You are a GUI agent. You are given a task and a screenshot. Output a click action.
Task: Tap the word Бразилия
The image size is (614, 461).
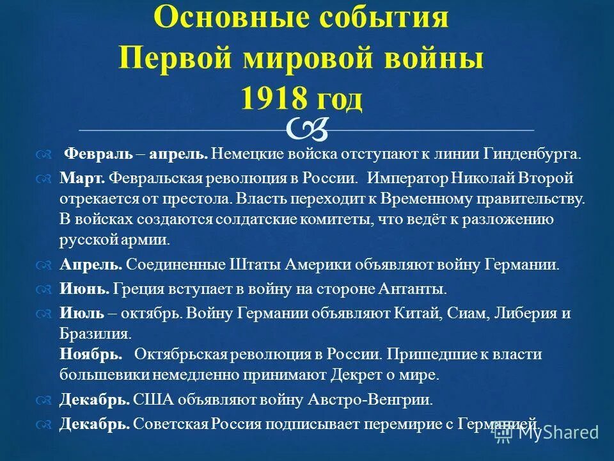click(95, 334)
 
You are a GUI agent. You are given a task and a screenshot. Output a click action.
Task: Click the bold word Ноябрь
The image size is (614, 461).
click(90, 353)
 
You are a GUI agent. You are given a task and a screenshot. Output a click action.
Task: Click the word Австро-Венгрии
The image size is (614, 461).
click(382, 400)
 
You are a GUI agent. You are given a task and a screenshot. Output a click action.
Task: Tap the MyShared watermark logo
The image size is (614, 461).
click(549, 432)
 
